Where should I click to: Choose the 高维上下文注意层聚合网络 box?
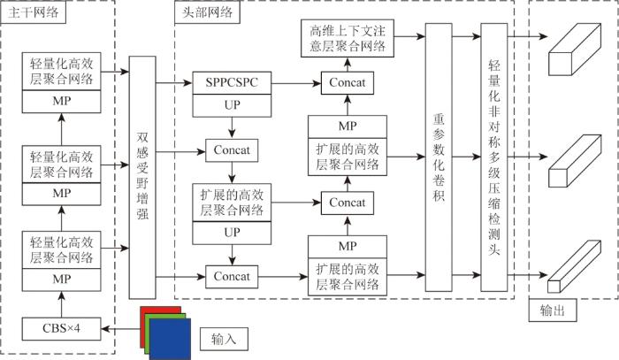pos(346,35)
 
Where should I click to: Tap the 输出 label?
pos(551,311)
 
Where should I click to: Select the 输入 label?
pos(223,339)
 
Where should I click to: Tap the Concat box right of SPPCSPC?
pos(348,82)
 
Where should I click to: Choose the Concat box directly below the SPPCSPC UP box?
pos(232,149)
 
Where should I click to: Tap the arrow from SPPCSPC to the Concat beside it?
pos(295,82)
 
